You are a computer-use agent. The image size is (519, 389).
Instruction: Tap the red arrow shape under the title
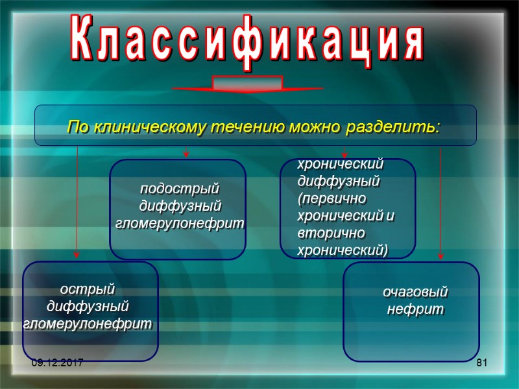click(247, 85)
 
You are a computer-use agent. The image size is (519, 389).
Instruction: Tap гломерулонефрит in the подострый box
click(180, 222)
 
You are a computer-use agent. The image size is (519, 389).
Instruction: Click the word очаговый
click(415, 292)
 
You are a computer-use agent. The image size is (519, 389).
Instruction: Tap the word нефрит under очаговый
click(415, 309)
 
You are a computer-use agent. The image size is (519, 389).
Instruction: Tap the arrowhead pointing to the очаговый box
click(441, 255)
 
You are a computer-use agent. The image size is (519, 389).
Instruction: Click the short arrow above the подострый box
click(186, 152)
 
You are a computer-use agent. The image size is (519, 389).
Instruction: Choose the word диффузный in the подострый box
click(180, 206)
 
